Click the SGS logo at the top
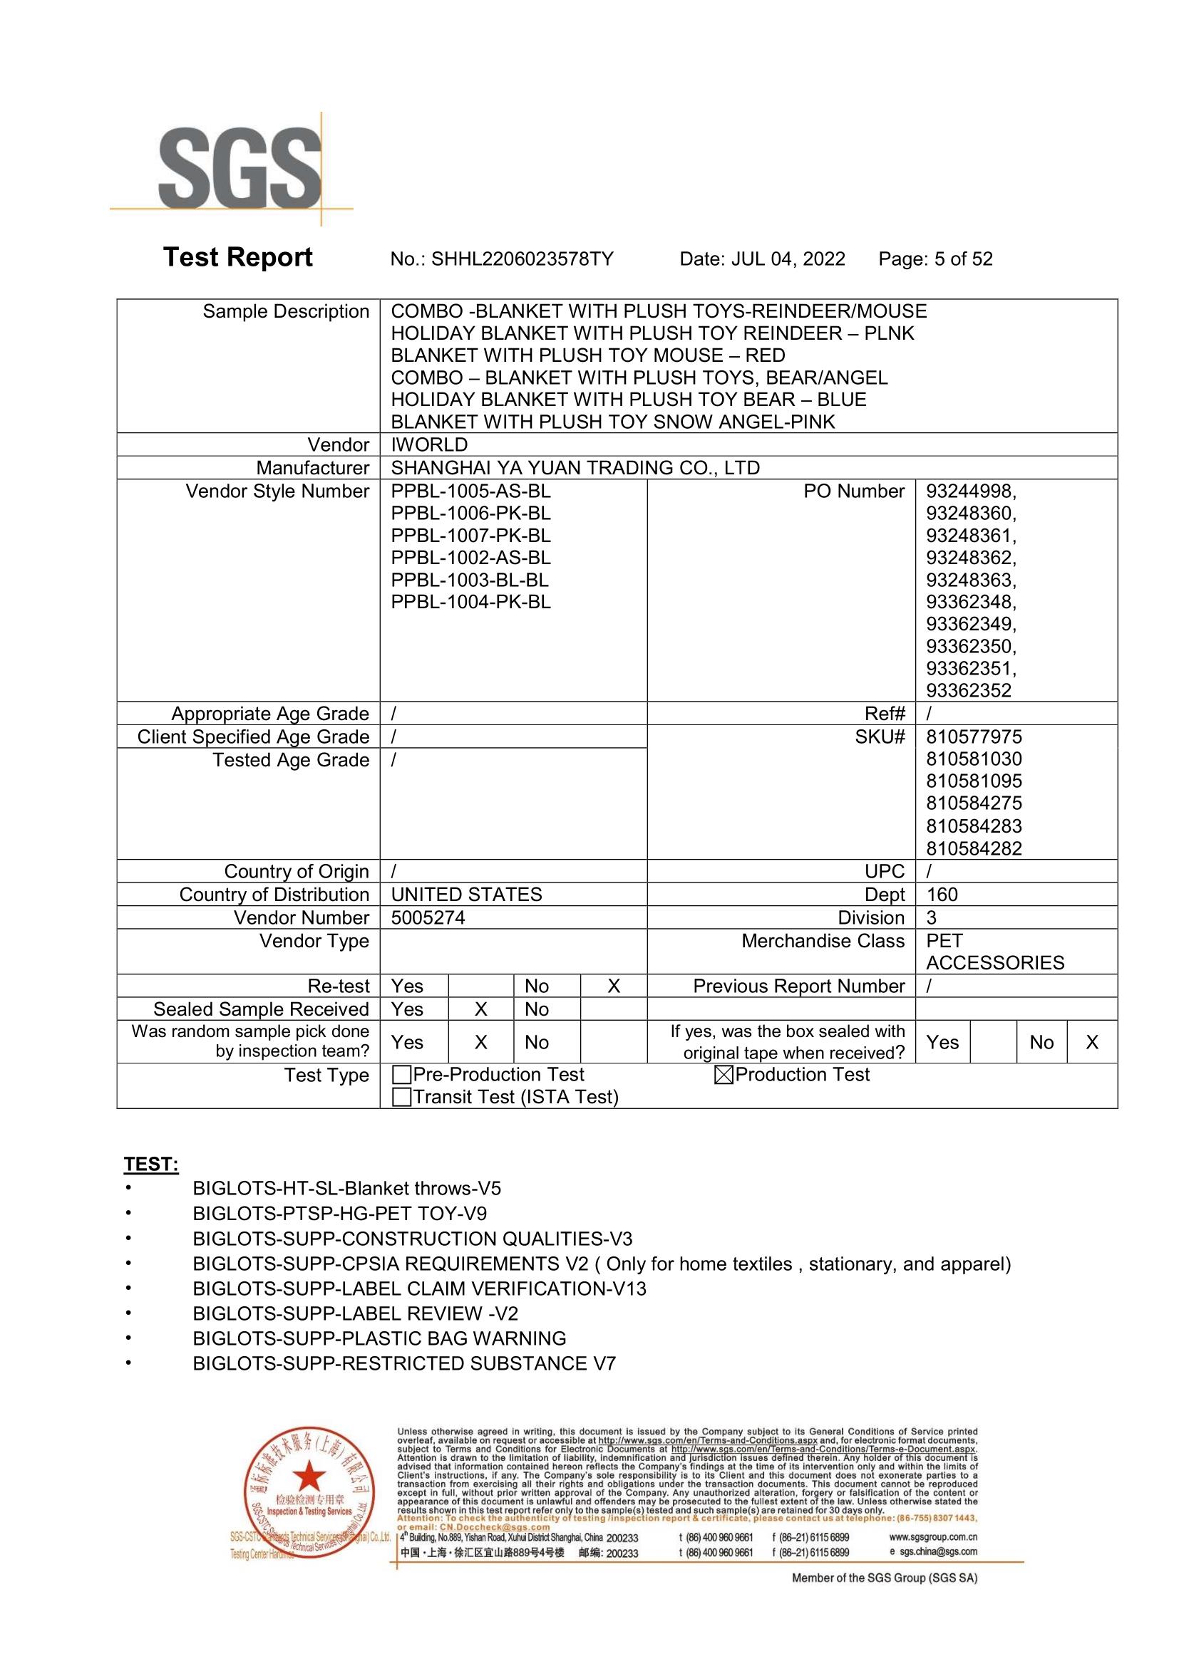click(240, 169)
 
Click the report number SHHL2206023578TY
click(522, 259)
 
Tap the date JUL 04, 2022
click(788, 259)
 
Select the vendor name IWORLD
click(429, 444)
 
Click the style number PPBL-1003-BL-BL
click(470, 580)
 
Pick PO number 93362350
click(970, 646)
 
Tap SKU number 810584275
click(974, 803)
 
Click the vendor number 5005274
click(428, 918)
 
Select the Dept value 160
click(942, 895)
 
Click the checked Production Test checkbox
click(723, 1075)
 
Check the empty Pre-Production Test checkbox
click(401, 1075)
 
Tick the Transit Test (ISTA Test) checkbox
click(401, 1097)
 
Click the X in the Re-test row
click(614, 986)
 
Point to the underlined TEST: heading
click(151, 1165)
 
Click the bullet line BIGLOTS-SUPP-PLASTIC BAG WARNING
click(379, 1339)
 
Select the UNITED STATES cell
click(466, 895)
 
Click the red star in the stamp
click(310, 1476)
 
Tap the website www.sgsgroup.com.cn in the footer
click(933, 1537)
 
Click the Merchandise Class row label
click(823, 941)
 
